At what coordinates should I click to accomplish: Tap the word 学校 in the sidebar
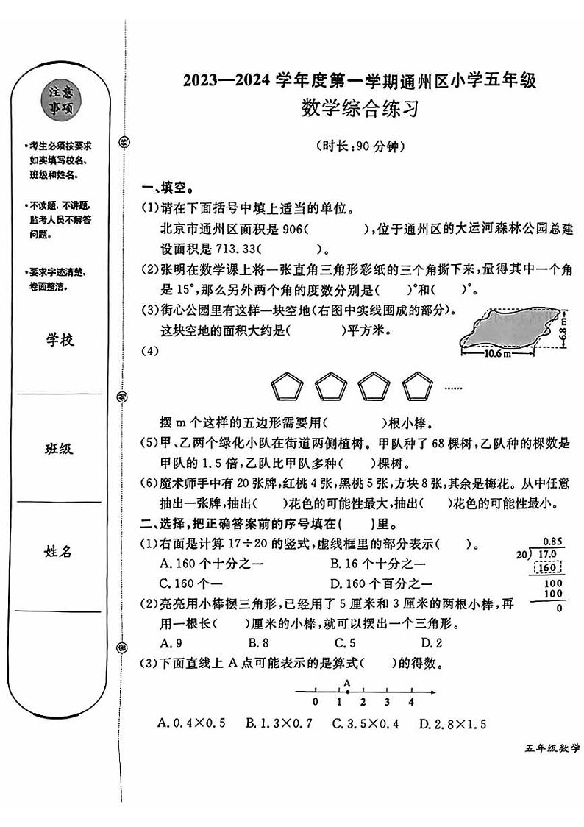(x=60, y=340)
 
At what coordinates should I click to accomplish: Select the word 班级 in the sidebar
(x=60, y=448)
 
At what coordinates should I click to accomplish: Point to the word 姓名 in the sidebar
(x=60, y=552)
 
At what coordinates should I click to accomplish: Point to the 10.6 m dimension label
(x=498, y=354)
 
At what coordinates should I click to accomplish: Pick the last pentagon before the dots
(x=419, y=387)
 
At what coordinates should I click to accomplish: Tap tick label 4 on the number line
(x=411, y=702)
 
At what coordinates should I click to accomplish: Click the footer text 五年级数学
(x=552, y=749)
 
